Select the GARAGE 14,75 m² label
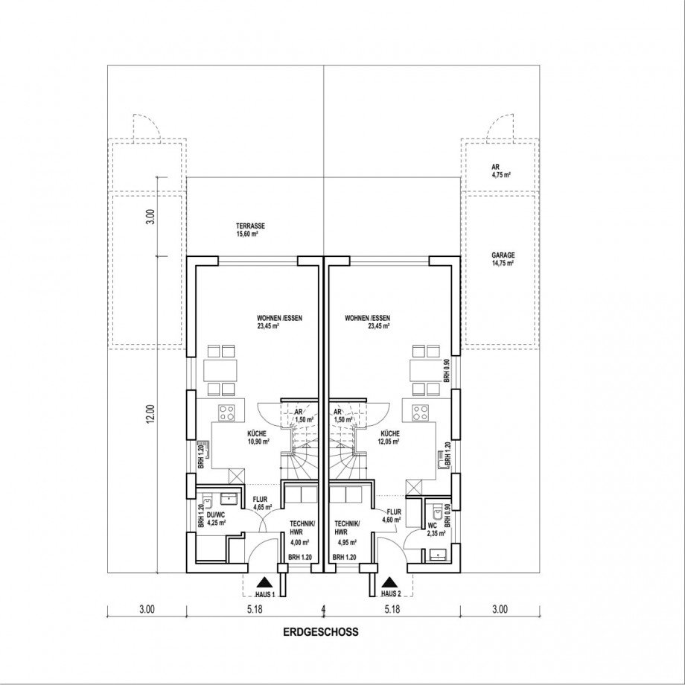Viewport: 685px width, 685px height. (x=503, y=258)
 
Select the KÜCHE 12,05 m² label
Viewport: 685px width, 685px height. (x=389, y=437)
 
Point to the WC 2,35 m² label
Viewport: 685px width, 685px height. (x=436, y=529)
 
